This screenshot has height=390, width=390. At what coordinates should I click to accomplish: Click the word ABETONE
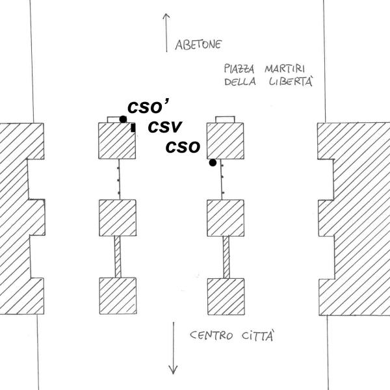coord(200,45)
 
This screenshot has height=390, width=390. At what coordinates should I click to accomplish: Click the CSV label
coord(164,127)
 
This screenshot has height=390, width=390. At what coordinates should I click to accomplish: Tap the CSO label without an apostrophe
coord(182,148)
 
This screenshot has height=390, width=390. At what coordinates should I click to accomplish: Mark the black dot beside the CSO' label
coord(123,119)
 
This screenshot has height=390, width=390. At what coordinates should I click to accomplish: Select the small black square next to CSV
coord(133,129)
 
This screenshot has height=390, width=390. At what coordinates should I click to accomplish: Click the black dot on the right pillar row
coord(213,162)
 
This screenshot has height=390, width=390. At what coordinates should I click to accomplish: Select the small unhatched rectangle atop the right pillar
coord(226,119)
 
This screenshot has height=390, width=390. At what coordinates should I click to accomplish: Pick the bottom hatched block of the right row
coord(226,296)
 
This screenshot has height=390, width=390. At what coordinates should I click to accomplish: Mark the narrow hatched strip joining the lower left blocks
coord(117,257)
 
